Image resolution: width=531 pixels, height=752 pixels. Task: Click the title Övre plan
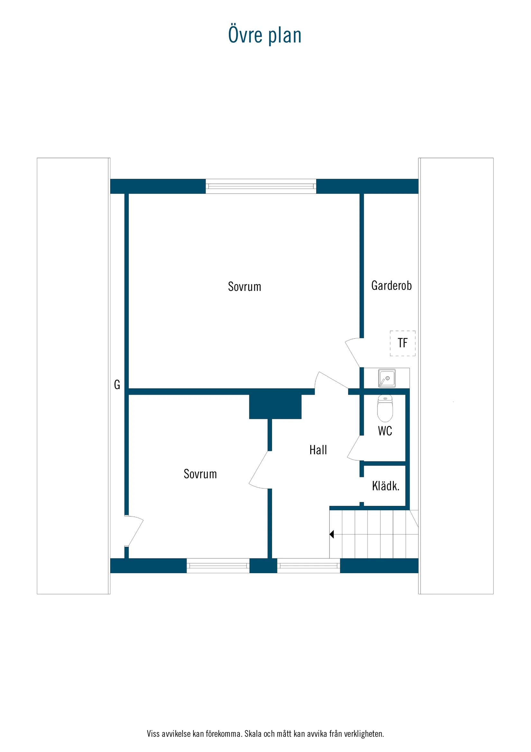coord(265,35)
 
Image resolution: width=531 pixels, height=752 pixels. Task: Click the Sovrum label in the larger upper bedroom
coord(244,286)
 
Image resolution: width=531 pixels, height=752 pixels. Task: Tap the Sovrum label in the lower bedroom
coord(200,474)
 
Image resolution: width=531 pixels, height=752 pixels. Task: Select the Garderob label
coord(391,285)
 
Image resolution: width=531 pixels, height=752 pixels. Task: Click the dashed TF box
coord(402,343)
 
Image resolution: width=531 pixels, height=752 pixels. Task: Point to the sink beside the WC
coord(387,378)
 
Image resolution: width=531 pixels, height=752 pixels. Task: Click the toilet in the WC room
coord(385,408)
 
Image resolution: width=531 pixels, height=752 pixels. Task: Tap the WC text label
coord(385,431)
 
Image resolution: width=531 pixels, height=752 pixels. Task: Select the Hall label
coord(318,450)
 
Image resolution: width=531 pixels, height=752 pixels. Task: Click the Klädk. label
coord(386,486)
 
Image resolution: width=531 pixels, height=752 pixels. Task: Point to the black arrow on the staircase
coord(331,534)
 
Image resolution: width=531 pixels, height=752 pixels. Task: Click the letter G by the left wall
coord(117,384)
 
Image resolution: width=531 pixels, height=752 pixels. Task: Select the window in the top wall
coord(261,186)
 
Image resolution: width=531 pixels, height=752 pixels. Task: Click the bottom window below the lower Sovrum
coord(218,566)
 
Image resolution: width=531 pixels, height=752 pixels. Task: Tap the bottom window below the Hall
coord(308,566)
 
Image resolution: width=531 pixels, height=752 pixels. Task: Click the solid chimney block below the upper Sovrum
coord(275,406)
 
